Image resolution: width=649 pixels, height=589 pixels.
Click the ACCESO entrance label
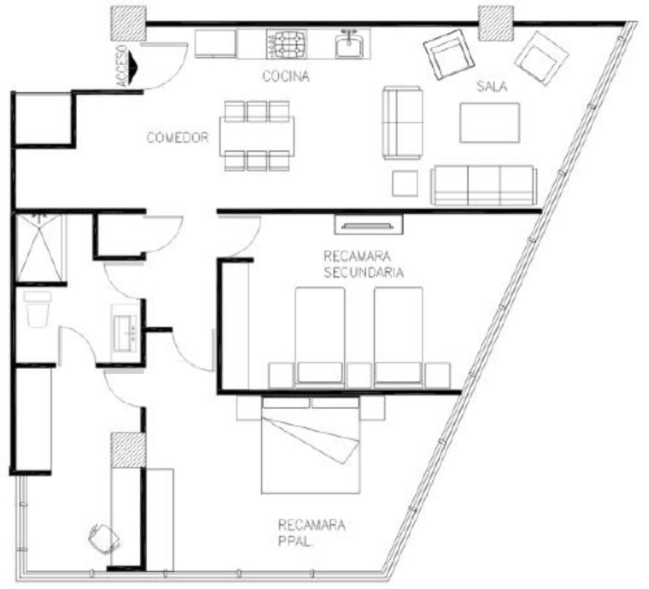123,67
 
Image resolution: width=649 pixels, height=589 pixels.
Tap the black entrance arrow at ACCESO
135,67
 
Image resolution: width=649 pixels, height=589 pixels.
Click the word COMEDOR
179,137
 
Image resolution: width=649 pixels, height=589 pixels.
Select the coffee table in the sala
489,122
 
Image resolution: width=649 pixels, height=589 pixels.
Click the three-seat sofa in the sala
484,186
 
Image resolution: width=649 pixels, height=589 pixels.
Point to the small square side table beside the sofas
405,183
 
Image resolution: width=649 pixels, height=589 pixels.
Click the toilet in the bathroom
37,309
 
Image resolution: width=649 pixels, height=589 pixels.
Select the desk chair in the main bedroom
102,539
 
